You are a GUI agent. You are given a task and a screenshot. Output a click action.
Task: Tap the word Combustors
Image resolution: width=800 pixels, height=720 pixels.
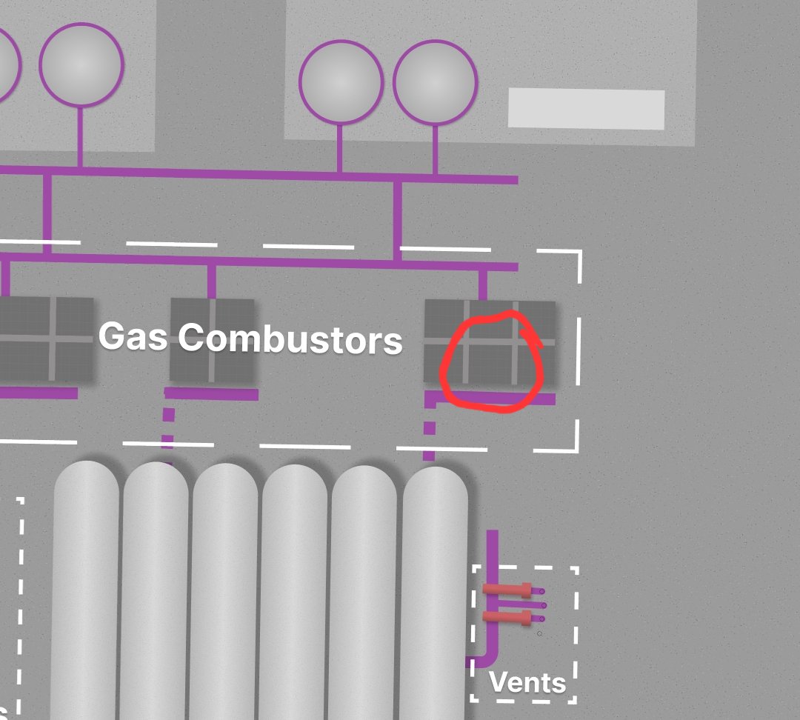[290, 339]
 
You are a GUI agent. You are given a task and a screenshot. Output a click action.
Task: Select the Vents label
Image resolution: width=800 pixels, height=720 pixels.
[527, 682]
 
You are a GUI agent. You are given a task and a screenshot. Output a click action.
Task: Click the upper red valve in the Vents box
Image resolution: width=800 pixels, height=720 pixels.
[507, 590]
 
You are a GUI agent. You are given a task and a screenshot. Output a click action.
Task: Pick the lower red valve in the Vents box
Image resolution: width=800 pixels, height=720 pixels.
[507, 618]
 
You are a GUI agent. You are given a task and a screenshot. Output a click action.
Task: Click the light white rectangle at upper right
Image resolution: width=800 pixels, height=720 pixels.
[586, 109]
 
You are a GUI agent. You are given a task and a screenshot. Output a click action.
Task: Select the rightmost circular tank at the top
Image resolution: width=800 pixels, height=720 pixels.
[436, 82]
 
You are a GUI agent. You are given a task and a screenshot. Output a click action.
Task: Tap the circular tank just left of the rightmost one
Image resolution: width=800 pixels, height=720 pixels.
[341, 82]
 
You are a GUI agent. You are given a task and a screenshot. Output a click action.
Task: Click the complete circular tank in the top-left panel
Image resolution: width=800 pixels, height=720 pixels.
[81, 64]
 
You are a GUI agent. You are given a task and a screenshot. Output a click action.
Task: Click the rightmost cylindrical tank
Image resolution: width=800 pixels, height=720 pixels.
[435, 593]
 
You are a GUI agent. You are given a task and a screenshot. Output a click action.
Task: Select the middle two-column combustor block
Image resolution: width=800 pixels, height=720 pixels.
[212, 340]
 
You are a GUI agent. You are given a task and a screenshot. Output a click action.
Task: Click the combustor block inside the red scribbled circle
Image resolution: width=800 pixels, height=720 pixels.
[490, 342]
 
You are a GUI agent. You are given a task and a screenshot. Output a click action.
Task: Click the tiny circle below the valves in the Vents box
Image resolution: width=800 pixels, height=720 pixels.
[539, 634]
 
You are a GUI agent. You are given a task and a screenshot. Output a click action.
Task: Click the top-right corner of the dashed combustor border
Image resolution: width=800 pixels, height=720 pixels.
[581, 251]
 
